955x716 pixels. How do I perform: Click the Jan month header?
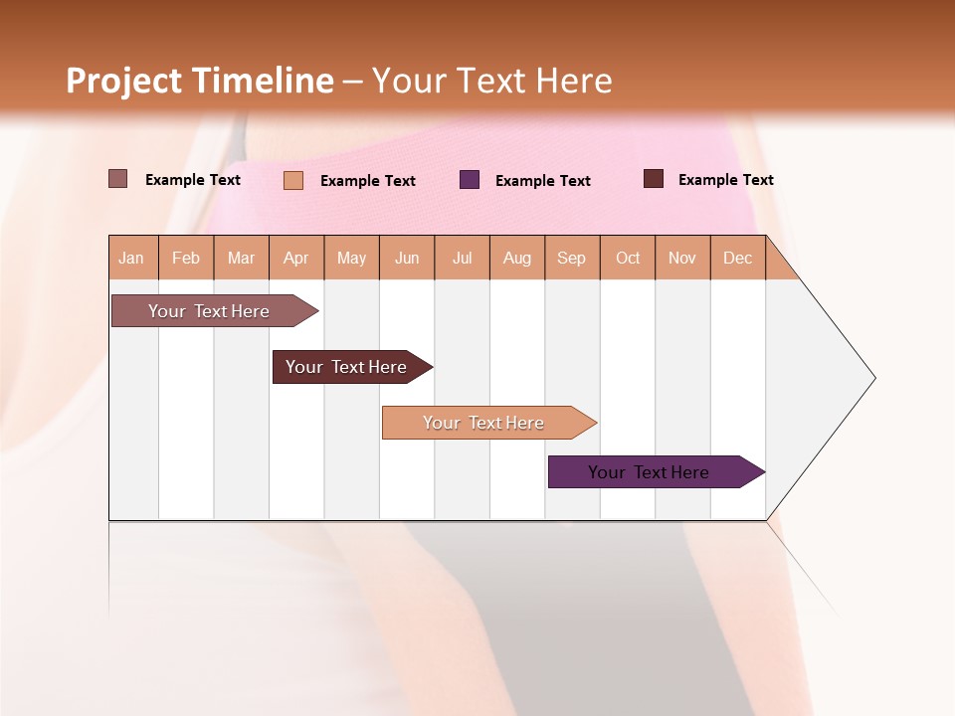click(x=132, y=258)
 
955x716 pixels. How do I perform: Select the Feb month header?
click(x=186, y=258)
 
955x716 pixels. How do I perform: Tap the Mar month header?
click(x=241, y=258)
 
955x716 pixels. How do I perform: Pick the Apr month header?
click(x=296, y=258)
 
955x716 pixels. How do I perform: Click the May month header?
click(x=351, y=258)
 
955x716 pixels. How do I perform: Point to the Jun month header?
click(x=407, y=258)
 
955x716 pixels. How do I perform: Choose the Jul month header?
click(x=462, y=258)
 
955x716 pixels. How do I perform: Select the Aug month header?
click(x=517, y=258)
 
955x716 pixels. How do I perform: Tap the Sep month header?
click(x=572, y=258)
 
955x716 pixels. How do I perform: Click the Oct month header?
click(x=628, y=258)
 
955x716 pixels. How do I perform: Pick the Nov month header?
click(x=682, y=258)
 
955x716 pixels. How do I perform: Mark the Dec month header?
click(x=738, y=258)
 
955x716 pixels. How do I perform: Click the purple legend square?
click(x=470, y=180)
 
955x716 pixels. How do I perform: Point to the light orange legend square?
click(x=293, y=180)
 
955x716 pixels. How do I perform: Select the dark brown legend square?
click(x=654, y=179)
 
